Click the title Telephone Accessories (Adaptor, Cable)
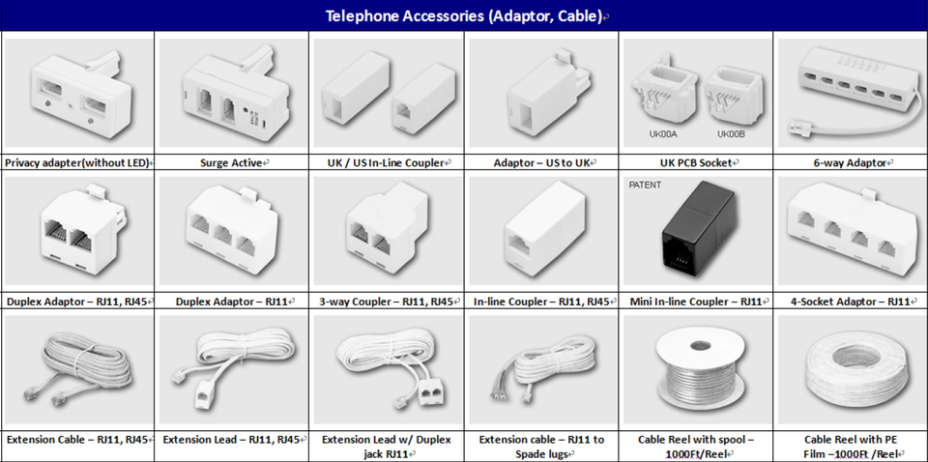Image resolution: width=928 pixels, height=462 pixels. [464, 16]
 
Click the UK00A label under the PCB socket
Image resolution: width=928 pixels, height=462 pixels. [663, 134]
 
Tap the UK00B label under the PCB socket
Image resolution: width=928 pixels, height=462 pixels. [731, 134]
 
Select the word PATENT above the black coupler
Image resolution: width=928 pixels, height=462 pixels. [645, 185]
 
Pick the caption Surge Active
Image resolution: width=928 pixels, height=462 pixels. [232, 163]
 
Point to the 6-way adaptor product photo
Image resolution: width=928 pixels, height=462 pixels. [851, 92]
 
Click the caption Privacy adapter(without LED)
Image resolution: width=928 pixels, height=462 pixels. [77, 163]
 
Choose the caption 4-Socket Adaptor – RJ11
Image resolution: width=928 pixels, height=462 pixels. [851, 302]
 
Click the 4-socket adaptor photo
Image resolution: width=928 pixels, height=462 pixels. [851, 227]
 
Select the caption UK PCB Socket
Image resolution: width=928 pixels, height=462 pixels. [696, 163]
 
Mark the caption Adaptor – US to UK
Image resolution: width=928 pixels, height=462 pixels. [541, 163]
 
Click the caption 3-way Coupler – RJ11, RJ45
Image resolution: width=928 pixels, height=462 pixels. [387, 302]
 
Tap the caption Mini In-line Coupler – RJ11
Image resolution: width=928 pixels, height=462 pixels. [696, 302]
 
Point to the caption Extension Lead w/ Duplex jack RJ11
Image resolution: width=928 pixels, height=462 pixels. [387, 447]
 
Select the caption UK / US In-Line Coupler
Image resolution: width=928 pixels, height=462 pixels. [387, 163]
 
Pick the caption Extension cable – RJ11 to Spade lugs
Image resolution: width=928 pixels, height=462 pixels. [541, 447]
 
